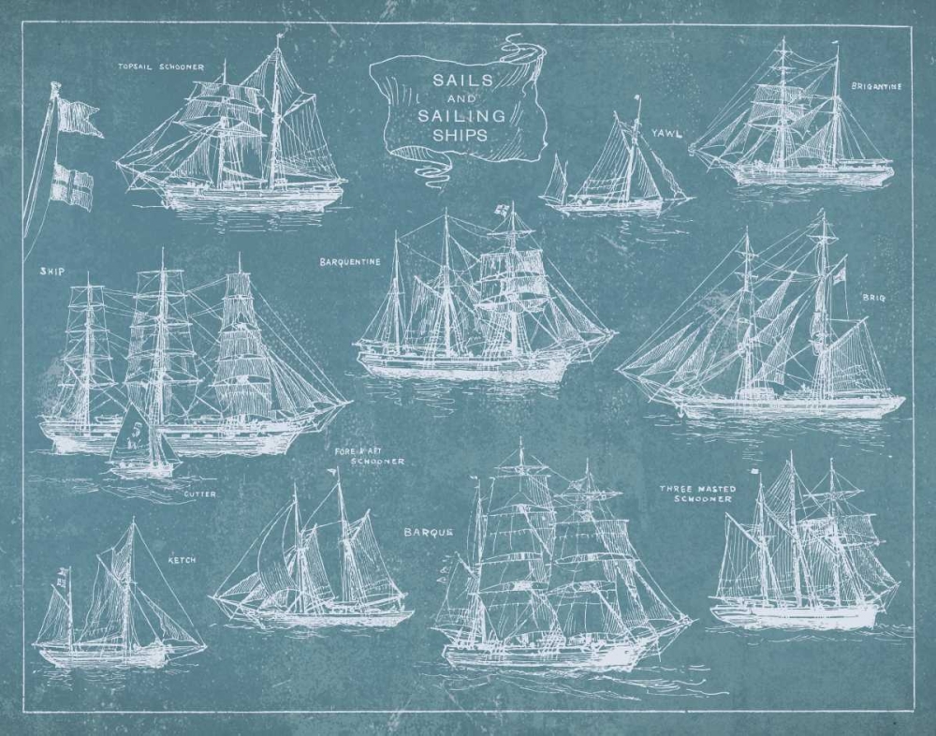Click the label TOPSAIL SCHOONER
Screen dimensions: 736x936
(x=158, y=67)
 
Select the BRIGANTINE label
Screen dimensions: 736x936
(x=876, y=86)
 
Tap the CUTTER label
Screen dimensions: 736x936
(x=199, y=493)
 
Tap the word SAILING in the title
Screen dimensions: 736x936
(x=468, y=116)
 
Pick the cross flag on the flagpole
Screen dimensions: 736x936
(x=71, y=184)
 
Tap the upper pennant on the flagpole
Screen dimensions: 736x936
(x=79, y=117)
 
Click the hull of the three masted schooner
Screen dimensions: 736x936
(x=796, y=614)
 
